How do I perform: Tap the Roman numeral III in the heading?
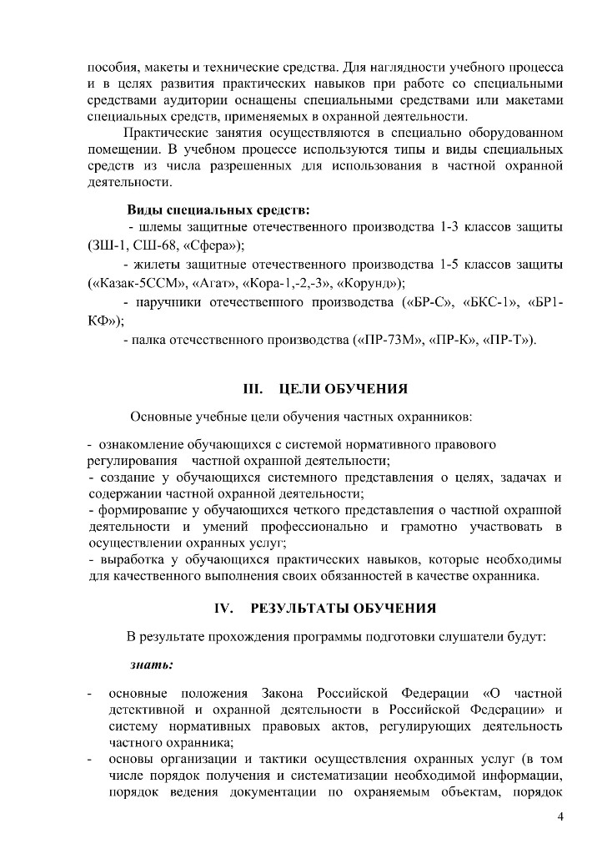(x=252, y=389)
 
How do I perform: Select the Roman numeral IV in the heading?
(x=223, y=608)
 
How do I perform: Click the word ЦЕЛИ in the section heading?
(x=303, y=389)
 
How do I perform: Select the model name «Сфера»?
(x=209, y=245)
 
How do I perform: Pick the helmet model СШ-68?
(x=153, y=245)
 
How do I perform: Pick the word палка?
(x=149, y=340)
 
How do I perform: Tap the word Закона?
(x=285, y=693)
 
